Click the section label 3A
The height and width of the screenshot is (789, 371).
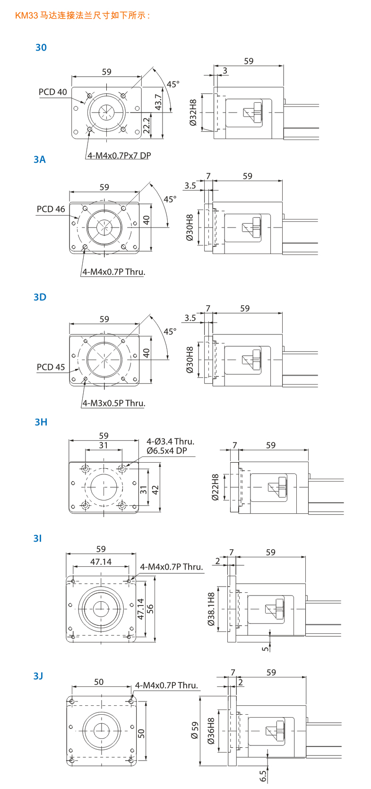click(40, 159)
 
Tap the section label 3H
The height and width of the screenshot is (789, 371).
click(41, 422)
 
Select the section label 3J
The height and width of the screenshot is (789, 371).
click(38, 676)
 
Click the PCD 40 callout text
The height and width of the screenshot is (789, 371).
click(53, 92)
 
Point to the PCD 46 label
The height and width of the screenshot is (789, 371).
click(51, 209)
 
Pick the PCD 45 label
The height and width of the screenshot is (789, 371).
click(51, 367)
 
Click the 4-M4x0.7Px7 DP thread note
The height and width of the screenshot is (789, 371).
click(119, 155)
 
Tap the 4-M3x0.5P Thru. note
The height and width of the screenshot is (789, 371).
click(114, 403)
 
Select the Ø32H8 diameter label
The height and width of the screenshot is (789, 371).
click(193, 113)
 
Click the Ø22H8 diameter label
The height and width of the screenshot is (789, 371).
click(215, 487)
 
